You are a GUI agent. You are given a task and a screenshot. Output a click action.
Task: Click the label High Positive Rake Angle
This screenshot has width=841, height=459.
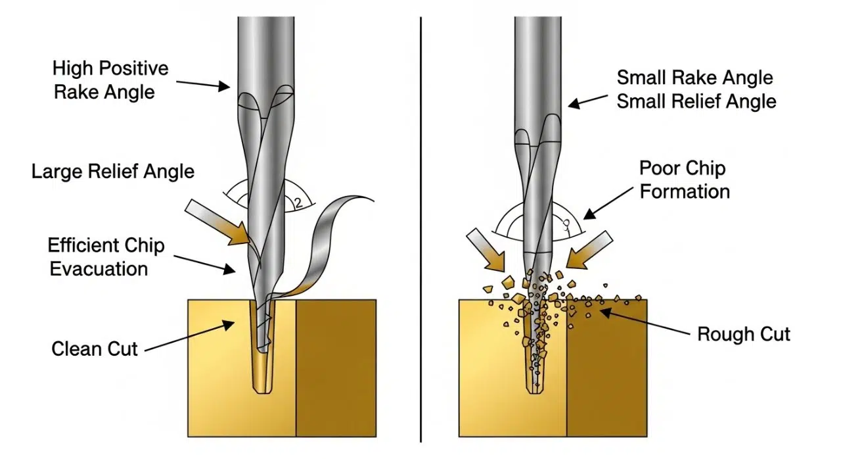(x=110, y=80)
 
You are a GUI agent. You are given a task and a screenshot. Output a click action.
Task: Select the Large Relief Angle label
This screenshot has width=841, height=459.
(x=113, y=172)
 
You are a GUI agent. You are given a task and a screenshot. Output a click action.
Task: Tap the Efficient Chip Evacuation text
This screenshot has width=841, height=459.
(x=106, y=257)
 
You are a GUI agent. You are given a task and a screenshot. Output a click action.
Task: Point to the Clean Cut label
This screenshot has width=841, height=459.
(x=95, y=349)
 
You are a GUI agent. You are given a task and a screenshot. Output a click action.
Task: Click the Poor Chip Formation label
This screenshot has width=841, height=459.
(x=684, y=180)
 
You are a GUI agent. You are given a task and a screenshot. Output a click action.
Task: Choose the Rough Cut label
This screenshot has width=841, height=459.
(x=743, y=334)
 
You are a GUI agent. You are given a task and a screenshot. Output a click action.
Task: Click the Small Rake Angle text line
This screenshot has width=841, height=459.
(x=694, y=78)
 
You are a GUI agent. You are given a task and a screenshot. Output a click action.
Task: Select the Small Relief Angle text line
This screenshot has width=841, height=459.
(x=696, y=102)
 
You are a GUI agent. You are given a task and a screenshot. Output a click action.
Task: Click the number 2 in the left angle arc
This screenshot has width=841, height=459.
(x=299, y=203)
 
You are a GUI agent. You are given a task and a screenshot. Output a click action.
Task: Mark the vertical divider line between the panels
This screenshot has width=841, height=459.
(x=420, y=230)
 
